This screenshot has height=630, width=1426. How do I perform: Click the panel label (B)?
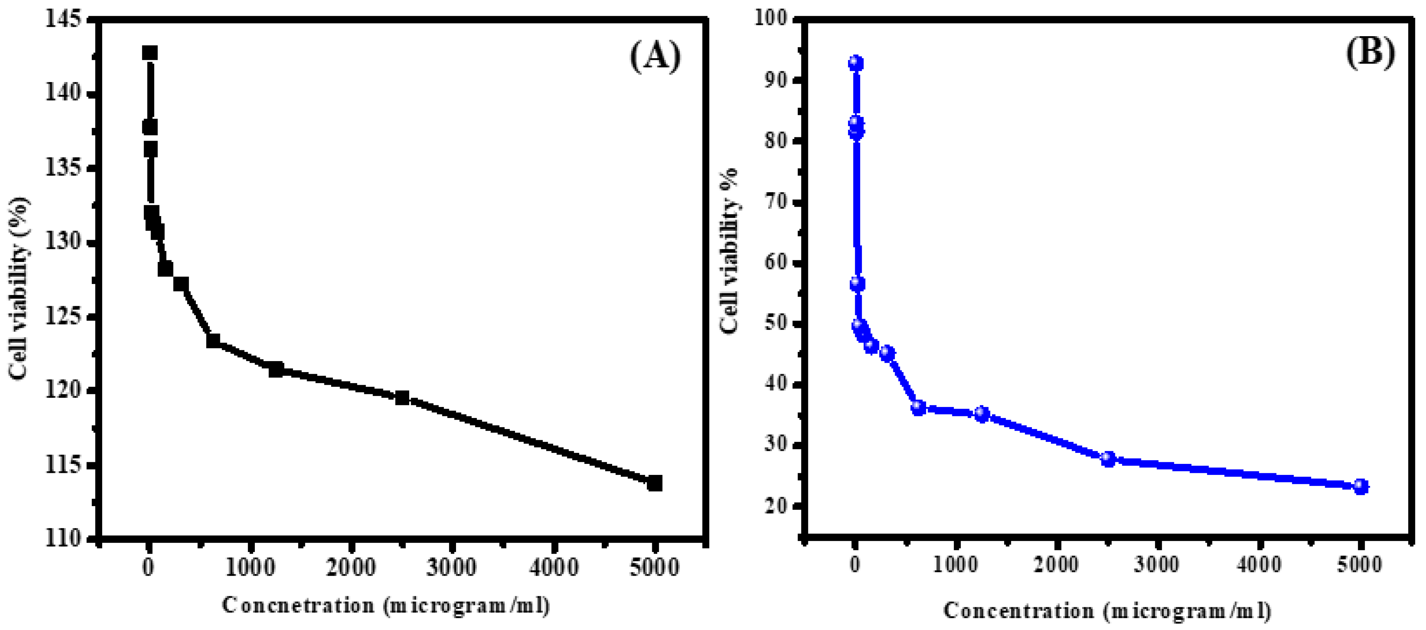click(x=1371, y=53)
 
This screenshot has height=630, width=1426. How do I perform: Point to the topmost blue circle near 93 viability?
click(x=856, y=63)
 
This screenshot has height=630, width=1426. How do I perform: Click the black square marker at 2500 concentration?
click(x=402, y=398)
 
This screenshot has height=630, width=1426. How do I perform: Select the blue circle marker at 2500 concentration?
click(x=1108, y=459)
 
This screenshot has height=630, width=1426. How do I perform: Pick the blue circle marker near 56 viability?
click(x=857, y=284)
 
